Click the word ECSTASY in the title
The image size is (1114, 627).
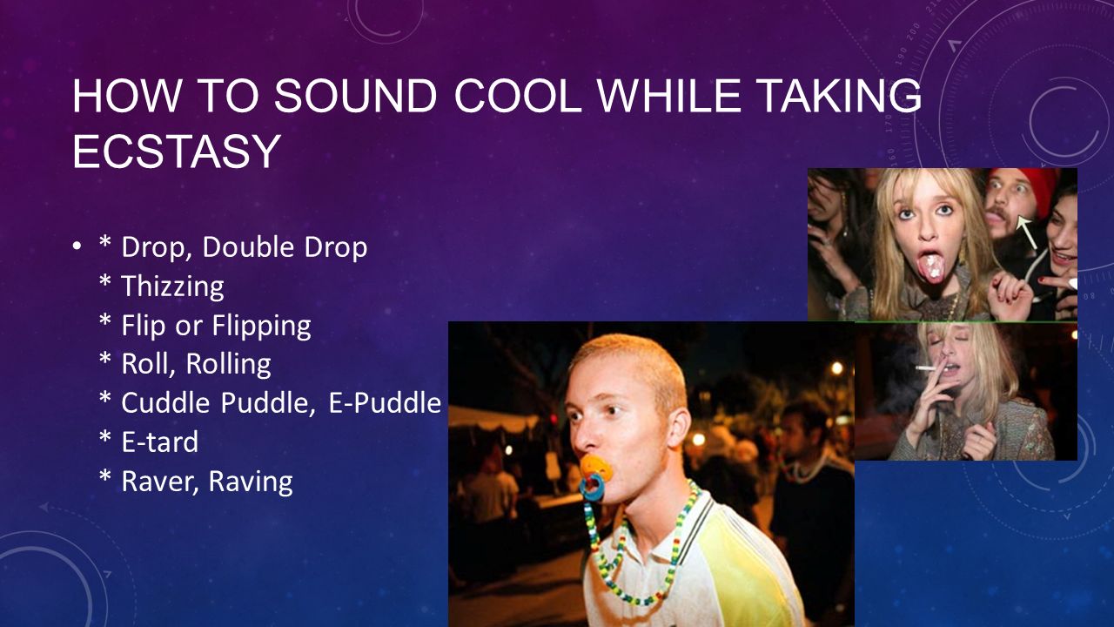[177, 151]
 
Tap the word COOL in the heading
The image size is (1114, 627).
[518, 96]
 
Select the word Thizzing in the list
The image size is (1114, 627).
[172, 287]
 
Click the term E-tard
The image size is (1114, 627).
[159, 442]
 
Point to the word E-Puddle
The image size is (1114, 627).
[385, 402]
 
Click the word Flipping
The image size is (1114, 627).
[262, 326]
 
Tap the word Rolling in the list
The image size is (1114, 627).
[228, 364]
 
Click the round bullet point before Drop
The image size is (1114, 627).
[76, 246]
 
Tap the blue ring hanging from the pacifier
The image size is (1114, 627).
[591, 487]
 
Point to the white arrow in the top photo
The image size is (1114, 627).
[1027, 232]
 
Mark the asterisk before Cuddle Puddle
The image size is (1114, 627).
[105, 397]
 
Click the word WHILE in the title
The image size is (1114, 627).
[670, 96]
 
